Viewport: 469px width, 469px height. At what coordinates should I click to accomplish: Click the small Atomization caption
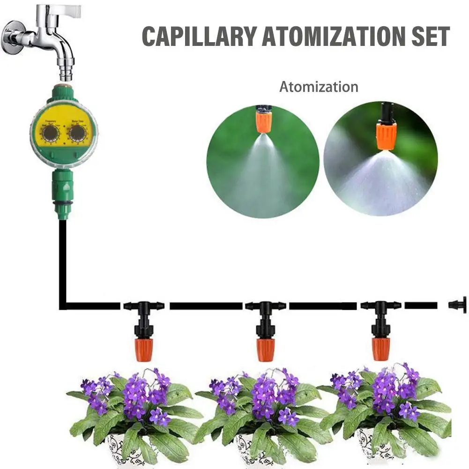pos(319,87)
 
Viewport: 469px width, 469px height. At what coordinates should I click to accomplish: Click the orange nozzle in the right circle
pos(387,134)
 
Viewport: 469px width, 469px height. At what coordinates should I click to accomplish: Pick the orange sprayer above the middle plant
pos(265,349)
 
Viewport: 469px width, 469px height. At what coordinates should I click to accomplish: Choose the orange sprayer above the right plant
pos(381,348)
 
